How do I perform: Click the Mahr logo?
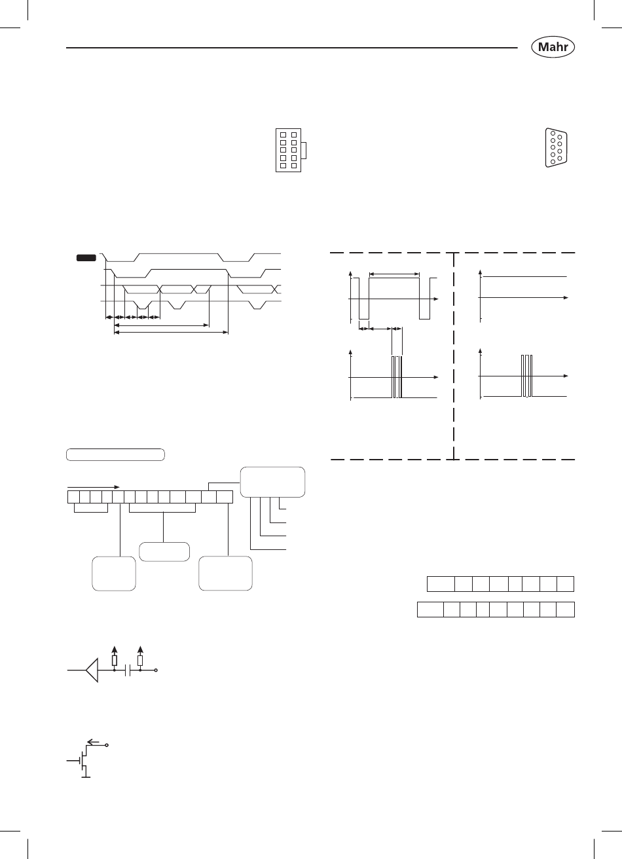click(x=553, y=46)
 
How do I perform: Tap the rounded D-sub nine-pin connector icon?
click(x=556, y=148)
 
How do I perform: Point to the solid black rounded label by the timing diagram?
click(x=86, y=258)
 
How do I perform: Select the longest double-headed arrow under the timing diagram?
click(x=171, y=332)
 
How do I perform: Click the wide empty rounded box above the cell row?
click(x=115, y=454)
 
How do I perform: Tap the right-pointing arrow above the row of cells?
click(x=94, y=487)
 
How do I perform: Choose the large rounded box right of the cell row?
click(x=272, y=482)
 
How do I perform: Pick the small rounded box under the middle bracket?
click(x=164, y=552)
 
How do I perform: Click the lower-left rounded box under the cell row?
click(x=114, y=574)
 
